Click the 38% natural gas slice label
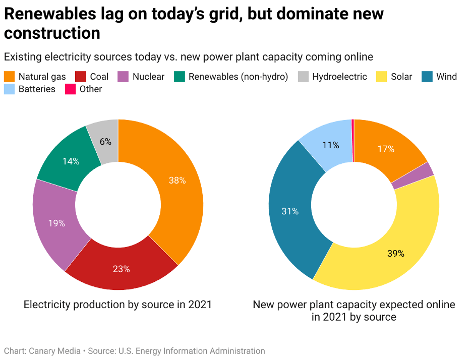click(x=177, y=180)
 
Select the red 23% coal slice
click(x=121, y=269)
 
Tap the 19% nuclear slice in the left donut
click(x=56, y=223)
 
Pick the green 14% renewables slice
click(x=71, y=161)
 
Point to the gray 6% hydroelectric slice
click(x=105, y=142)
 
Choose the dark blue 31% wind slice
click(x=290, y=211)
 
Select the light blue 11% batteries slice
click(x=330, y=145)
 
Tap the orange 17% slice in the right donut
click(x=386, y=149)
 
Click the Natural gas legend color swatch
click(x=9, y=77)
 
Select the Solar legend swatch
click(x=382, y=77)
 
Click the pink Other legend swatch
click(x=70, y=89)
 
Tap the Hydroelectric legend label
click(x=339, y=77)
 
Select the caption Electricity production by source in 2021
click(x=117, y=305)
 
